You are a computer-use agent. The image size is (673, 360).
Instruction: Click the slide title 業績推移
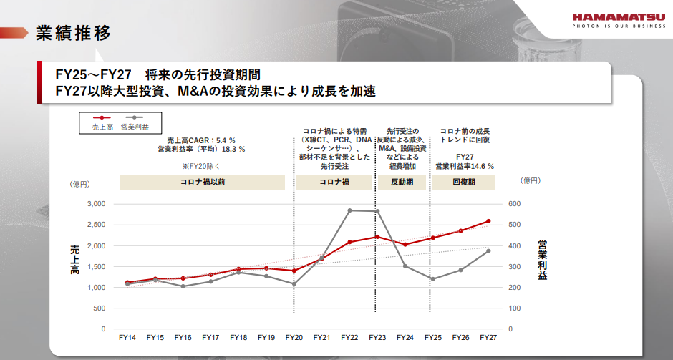[73, 33]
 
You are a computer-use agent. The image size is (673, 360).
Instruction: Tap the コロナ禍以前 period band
[202, 183]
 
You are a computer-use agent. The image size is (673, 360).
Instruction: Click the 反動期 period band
[402, 183]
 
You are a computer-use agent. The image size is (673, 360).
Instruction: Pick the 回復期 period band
[464, 183]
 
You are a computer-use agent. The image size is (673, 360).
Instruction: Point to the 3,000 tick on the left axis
[96, 204]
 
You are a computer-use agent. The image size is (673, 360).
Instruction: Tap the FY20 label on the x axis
[294, 337]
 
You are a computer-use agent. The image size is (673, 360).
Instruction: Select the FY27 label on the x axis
[488, 337]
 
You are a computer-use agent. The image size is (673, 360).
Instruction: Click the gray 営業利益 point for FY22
[349, 210]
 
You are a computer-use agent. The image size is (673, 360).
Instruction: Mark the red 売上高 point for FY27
[488, 221]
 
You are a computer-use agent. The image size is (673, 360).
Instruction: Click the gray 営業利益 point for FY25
[432, 279]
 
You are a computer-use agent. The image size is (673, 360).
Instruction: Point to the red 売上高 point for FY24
[405, 245]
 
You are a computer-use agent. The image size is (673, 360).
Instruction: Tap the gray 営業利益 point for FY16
[183, 286]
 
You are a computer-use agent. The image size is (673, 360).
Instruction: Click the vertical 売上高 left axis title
[74, 259]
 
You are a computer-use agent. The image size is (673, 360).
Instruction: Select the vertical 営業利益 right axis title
[542, 259]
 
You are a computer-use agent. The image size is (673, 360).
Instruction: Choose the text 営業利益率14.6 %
[465, 165]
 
